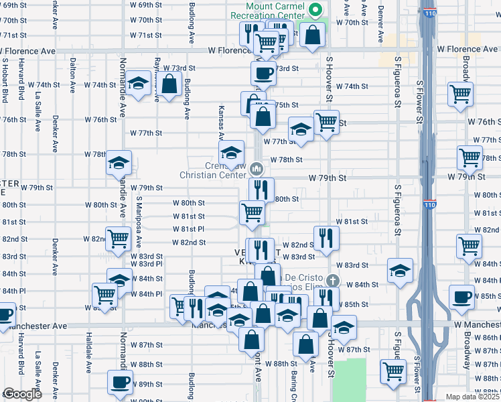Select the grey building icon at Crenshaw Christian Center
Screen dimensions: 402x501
pos(258,168)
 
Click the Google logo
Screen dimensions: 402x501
pos(22,394)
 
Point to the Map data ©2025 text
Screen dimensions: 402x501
pos(473,397)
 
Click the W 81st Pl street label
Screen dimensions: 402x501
pos(188,228)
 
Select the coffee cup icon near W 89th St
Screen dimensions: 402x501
pos(121,381)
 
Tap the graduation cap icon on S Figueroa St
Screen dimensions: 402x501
pos(400,270)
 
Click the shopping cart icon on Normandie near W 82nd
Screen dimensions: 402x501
pos(119,238)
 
